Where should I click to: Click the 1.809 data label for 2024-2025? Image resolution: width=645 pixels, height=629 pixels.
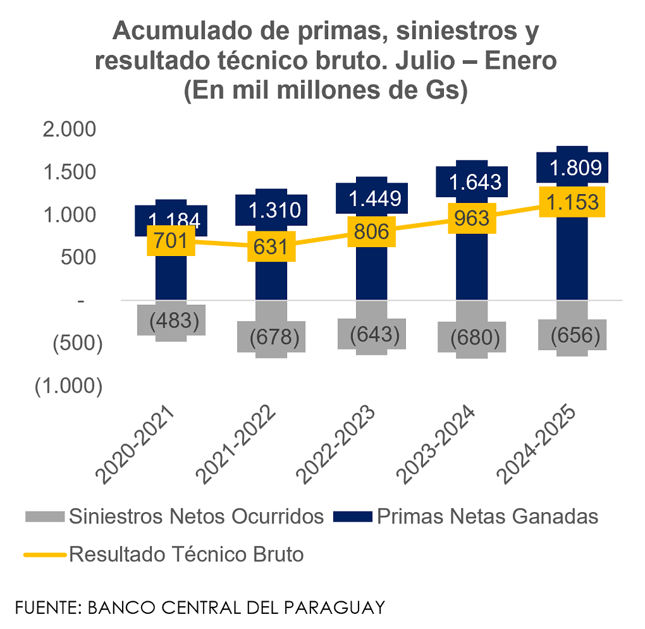pos(572,168)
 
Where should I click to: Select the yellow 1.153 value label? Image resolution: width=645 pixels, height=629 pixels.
pos(572,202)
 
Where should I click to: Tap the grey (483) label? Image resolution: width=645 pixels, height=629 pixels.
pos(174,320)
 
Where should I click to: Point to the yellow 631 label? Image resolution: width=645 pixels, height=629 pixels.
pos(271,246)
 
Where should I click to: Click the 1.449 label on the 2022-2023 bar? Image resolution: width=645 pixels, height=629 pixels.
pos(375,198)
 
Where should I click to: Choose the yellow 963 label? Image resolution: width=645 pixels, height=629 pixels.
pos(472,217)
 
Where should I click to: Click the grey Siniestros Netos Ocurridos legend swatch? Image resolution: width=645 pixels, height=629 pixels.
pos(45,517)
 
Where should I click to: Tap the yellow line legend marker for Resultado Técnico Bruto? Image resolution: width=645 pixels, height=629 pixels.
pos(45,555)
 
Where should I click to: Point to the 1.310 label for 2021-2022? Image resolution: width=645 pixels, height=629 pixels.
pos(274,210)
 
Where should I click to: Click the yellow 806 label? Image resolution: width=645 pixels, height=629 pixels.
pos(372,231)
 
